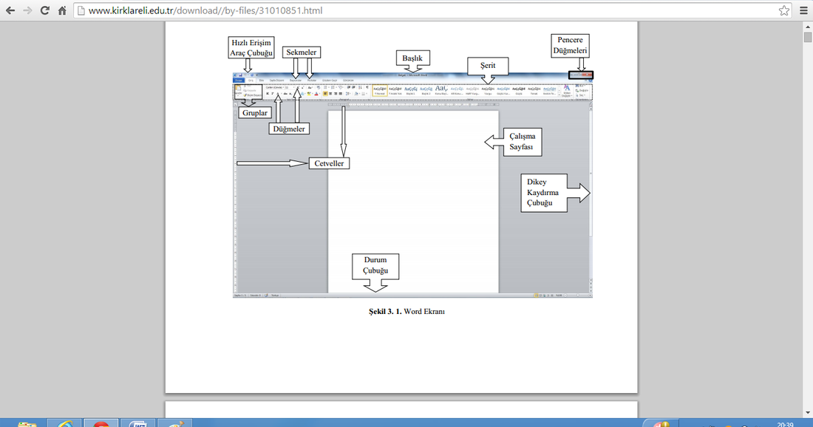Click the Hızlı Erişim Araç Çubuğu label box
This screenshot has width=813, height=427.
click(x=251, y=48)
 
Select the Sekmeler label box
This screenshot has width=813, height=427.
click(x=302, y=52)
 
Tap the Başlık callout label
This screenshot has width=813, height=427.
click(x=413, y=58)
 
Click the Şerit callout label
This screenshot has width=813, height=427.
click(x=487, y=66)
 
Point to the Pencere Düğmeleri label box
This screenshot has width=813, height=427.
click(x=571, y=45)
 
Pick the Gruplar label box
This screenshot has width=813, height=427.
click(x=254, y=113)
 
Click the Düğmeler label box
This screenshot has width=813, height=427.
click(x=288, y=128)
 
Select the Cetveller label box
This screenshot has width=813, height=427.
click(x=329, y=163)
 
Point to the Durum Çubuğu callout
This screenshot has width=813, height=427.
click(x=375, y=267)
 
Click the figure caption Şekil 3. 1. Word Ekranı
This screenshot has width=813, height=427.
click(x=406, y=312)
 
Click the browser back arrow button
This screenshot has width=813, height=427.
click(x=10, y=11)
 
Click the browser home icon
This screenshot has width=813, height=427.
click(x=62, y=11)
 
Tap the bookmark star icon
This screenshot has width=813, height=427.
click(x=783, y=11)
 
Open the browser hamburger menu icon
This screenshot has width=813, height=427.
click(x=803, y=11)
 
